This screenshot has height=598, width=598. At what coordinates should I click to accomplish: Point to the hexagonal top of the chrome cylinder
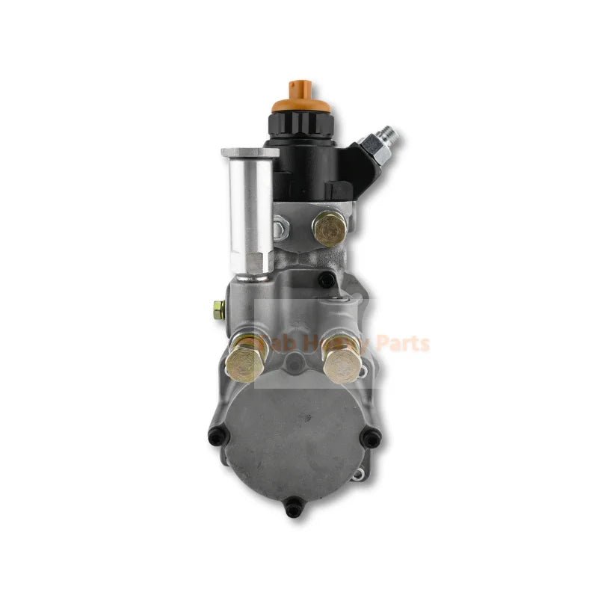click(x=250, y=153)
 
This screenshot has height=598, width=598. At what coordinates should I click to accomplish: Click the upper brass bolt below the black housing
click(x=330, y=229)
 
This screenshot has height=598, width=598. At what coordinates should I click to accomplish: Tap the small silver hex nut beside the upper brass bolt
click(x=280, y=223)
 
